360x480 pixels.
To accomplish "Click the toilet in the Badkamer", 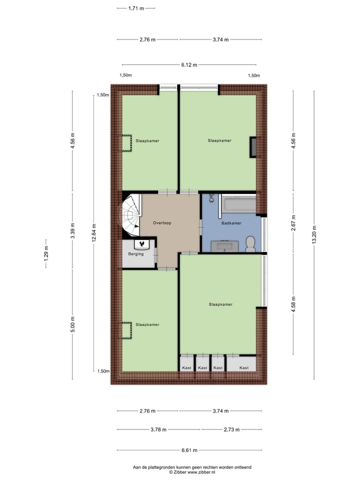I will (x=250, y=243).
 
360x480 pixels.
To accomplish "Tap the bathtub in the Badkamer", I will (x=238, y=204).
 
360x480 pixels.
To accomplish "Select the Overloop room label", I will (x=162, y=223).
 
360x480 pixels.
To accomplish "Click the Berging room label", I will (x=135, y=254).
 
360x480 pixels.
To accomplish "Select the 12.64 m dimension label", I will (x=93, y=232).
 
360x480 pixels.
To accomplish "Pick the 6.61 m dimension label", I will (x=189, y=449).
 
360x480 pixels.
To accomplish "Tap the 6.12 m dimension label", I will (x=189, y=64).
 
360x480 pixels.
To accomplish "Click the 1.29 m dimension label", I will (x=46, y=254).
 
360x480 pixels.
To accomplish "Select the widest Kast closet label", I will (x=244, y=368).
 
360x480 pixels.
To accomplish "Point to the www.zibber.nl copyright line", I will (x=192, y=471).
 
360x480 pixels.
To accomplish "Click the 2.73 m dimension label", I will (x=231, y=429).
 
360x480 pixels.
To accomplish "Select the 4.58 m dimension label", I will (x=293, y=304).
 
